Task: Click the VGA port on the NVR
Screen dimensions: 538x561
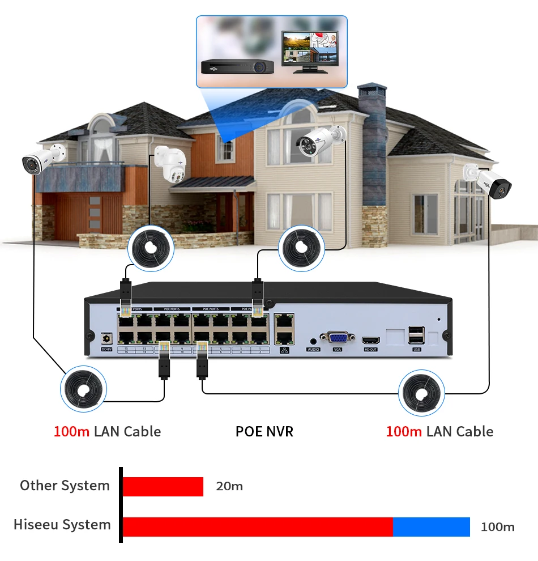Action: pyautogui.click(x=338, y=338)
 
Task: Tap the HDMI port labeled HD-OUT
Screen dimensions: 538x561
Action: pyautogui.click(x=370, y=340)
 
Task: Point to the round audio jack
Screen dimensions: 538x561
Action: pyautogui.click(x=313, y=341)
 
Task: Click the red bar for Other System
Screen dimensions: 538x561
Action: pyautogui.click(x=163, y=486)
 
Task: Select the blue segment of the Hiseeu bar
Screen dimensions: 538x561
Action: pyautogui.click(x=431, y=526)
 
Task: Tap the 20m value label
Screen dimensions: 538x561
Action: pyautogui.click(x=229, y=486)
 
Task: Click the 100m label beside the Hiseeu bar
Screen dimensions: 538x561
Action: pyautogui.click(x=497, y=527)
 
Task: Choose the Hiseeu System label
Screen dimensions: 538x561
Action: pyautogui.click(x=62, y=525)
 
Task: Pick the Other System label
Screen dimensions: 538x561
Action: pyautogui.click(x=65, y=486)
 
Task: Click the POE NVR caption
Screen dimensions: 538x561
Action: pyautogui.click(x=264, y=432)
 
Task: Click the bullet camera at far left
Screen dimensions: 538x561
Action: pyautogui.click(x=43, y=159)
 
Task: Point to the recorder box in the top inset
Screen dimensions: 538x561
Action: pyautogui.click(x=238, y=66)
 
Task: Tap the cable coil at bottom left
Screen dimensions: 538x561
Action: pyautogui.click(x=84, y=390)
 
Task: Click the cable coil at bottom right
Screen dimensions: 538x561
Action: pyautogui.click(x=421, y=392)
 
